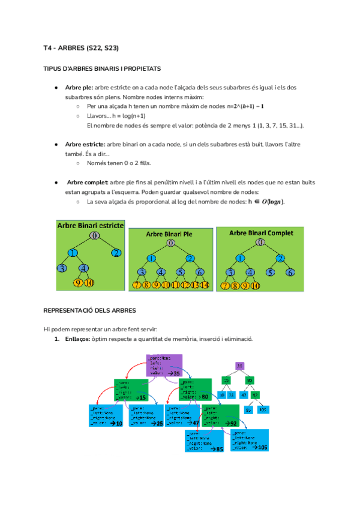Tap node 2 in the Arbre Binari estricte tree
tap(116, 252)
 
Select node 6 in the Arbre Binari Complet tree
tap(290, 273)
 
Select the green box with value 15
tap(131, 390)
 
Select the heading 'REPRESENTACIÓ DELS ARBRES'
tap(90, 310)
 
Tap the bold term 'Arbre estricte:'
tap(85, 145)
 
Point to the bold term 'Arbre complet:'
tap(87, 182)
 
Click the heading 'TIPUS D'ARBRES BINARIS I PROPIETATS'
tap(102, 69)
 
